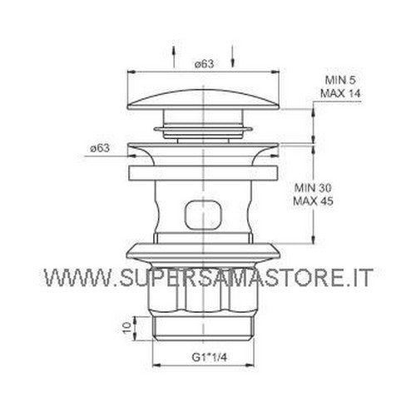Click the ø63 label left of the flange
pyautogui.click(x=101, y=148)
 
